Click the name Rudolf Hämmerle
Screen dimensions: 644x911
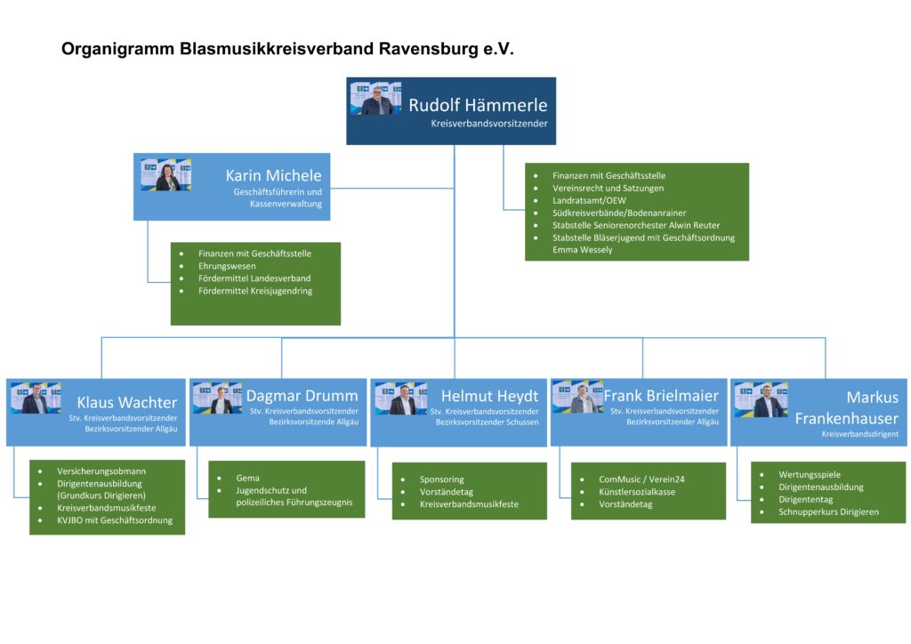click(x=478, y=105)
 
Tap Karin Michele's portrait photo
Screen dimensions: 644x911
click(x=166, y=174)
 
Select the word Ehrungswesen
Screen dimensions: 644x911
click(x=228, y=266)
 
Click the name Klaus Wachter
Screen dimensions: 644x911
click(x=126, y=403)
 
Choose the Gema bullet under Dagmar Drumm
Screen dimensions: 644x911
click(x=248, y=479)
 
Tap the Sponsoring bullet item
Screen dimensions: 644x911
click(x=442, y=479)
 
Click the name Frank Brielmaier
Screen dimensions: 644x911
click(x=661, y=396)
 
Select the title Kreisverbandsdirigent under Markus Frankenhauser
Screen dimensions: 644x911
click(x=859, y=434)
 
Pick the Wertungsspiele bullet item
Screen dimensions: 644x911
click(x=810, y=475)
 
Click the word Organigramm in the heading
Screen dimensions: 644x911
click(x=117, y=49)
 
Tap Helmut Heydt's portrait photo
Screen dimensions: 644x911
click(x=401, y=398)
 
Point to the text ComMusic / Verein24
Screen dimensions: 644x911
click(x=641, y=479)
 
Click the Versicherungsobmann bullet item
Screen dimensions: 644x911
click(x=101, y=471)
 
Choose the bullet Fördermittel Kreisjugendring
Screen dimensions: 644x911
click(x=255, y=291)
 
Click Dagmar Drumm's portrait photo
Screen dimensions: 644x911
click(x=217, y=398)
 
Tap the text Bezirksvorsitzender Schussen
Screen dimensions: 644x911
click(x=487, y=422)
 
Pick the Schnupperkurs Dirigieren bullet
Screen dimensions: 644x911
click(x=828, y=512)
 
